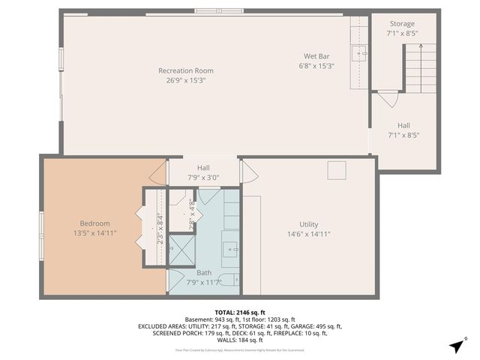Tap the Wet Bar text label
click(316, 56)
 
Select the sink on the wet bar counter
click(361, 53)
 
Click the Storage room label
click(400, 24)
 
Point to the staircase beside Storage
click(419, 67)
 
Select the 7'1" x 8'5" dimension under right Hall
click(403, 136)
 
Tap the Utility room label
click(309, 224)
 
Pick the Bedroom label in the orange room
click(95, 223)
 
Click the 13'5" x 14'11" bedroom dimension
click(95, 233)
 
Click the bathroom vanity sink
click(230, 246)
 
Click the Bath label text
click(204, 273)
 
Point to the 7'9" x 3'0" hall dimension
click(203, 178)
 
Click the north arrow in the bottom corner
click(455, 346)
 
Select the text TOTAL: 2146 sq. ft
click(240, 311)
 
